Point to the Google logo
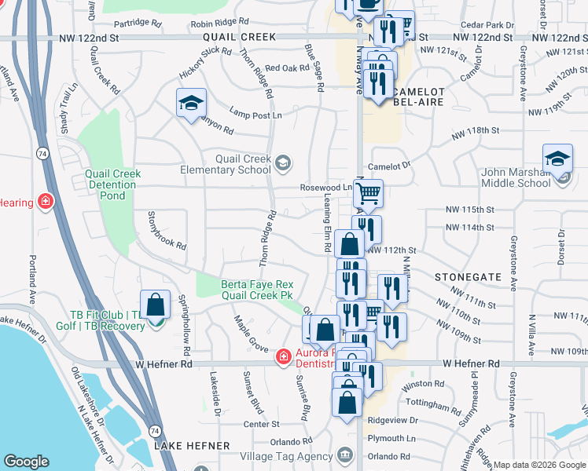(x=26, y=462)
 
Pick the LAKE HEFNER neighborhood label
(x=192, y=446)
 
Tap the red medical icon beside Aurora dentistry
(x=282, y=357)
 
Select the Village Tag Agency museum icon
(x=344, y=455)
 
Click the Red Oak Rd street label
(x=286, y=68)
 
